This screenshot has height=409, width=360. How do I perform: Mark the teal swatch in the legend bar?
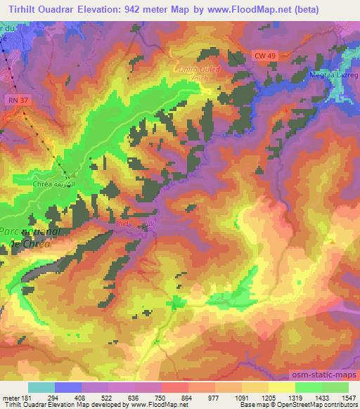pyautogui.click(x=41, y=387)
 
